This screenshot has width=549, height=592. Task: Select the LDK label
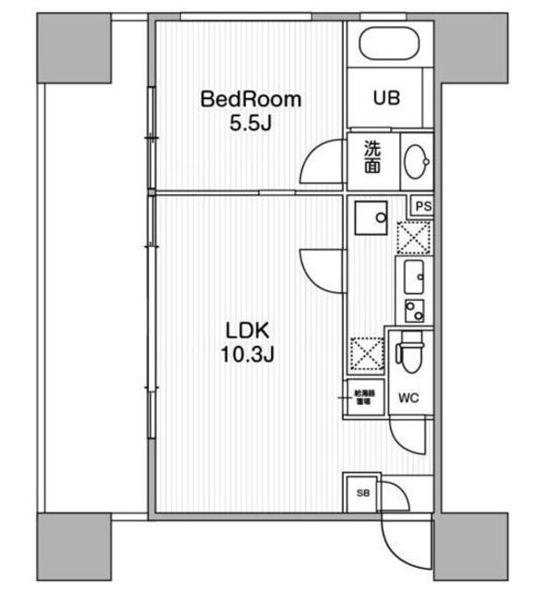247,329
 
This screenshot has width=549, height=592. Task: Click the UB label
386,97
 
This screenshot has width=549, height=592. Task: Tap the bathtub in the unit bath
389,43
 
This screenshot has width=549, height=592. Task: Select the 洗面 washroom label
370,156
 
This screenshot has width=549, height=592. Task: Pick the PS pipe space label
423,207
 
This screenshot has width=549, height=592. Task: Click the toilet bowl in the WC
407,354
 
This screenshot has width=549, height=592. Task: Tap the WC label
409,399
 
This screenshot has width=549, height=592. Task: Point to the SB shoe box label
361,493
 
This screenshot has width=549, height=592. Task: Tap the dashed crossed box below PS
413,237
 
